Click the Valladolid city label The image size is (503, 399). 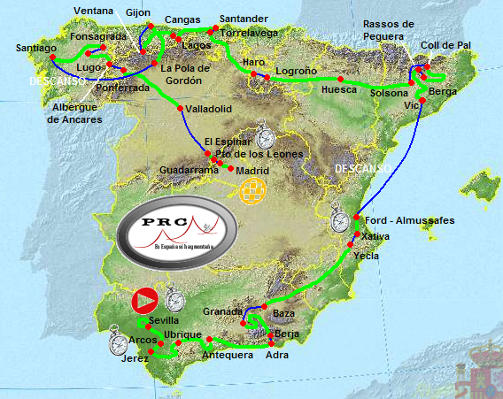[209, 110]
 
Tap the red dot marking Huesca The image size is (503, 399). [341, 79]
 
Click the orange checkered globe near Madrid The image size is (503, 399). [253, 191]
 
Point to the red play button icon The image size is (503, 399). [144, 301]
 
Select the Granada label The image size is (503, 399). [221, 311]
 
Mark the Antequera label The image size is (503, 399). [228, 356]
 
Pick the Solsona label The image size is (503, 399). [390, 93]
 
